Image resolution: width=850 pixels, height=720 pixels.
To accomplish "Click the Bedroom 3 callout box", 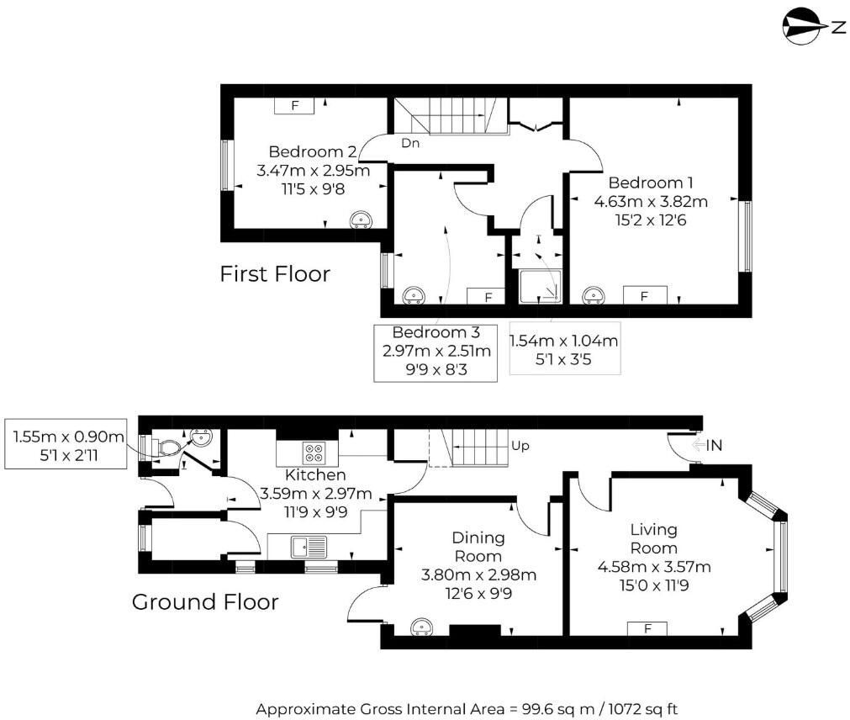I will click(x=435, y=352).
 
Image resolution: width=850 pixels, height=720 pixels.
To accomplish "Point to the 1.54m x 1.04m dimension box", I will click(x=565, y=347).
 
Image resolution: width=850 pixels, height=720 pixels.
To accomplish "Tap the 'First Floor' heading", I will click(x=275, y=273).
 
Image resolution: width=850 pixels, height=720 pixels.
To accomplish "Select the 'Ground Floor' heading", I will click(x=205, y=602).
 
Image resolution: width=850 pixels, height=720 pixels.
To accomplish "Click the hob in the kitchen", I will click(x=316, y=453).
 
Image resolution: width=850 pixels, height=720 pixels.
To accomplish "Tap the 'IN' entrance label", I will click(x=714, y=446).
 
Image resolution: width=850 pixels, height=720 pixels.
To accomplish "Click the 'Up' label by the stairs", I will click(x=520, y=445).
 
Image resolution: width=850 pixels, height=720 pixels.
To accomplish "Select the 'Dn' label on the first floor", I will click(x=410, y=143).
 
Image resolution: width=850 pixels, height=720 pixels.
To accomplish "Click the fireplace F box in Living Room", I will click(x=647, y=627).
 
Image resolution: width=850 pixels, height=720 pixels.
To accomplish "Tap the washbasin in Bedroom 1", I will click(x=594, y=294).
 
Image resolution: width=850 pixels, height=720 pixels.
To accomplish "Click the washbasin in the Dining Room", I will click(x=420, y=627).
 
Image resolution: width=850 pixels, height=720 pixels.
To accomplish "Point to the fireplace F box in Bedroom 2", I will click(x=294, y=105).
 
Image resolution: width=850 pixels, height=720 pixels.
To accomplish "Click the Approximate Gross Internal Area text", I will click(x=466, y=708).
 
